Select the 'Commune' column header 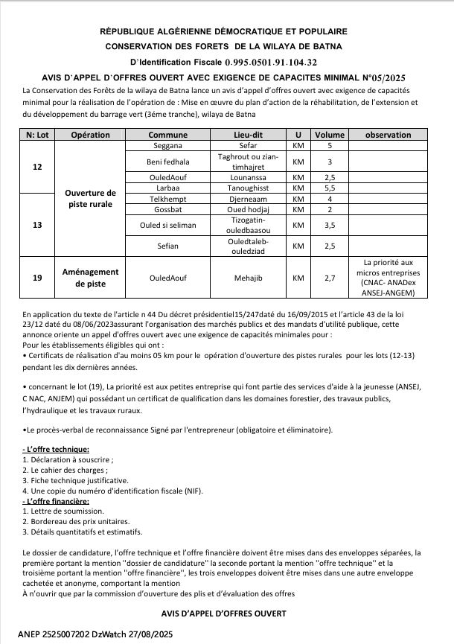tap(168, 135)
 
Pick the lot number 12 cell tap(38, 167)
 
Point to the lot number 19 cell tap(38, 278)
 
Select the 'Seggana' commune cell tap(168, 145)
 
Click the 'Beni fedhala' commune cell tap(168, 162)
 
